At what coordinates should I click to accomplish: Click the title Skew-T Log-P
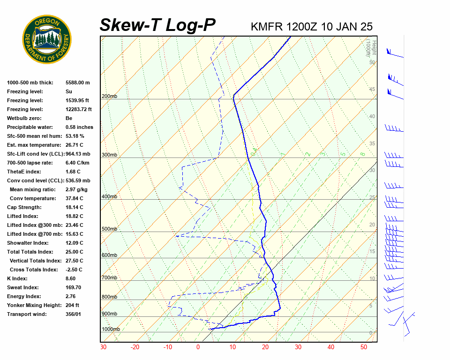(157, 25)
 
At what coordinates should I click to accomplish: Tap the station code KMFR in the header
(267, 27)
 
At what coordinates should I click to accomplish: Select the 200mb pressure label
(109, 97)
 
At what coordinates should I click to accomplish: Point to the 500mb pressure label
(109, 229)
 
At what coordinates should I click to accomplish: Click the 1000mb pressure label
(111, 330)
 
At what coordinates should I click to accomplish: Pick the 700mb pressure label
(109, 278)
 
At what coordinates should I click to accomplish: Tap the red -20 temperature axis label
(135, 347)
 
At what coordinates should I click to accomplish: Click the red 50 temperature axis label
(364, 347)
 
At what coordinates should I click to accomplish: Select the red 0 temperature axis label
(198, 347)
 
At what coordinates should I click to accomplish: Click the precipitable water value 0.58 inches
(79, 127)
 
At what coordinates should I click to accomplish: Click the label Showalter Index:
(28, 243)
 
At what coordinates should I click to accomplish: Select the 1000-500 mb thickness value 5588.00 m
(78, 82)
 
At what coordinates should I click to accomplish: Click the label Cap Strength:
(24, 207)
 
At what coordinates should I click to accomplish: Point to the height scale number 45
(372, 90)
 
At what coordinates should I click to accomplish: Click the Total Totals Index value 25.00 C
(75, 252)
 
